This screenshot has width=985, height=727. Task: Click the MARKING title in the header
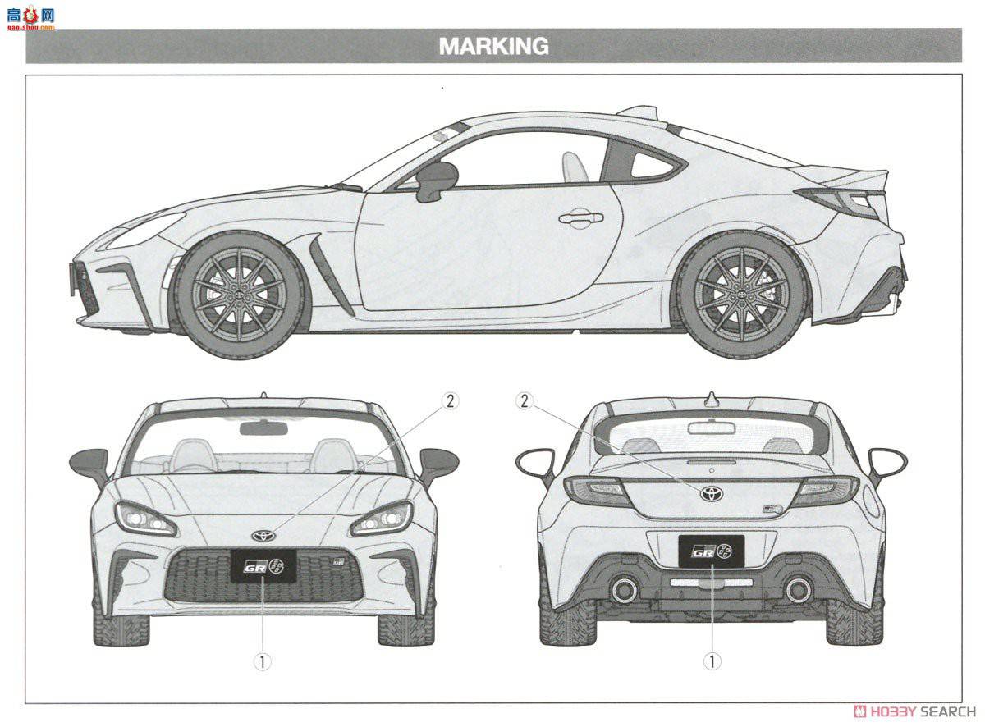pos(493,46)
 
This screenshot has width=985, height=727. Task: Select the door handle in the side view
pos(581,218)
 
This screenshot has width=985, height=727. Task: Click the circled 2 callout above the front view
pos(449,400)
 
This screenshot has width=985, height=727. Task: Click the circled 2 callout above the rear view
pos(525,400)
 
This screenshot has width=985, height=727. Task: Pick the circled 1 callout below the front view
pos(262,661)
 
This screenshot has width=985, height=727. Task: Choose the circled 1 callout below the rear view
pos(712,661)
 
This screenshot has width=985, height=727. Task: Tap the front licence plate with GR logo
pos(263,566)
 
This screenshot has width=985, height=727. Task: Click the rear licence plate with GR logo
pos(711,551)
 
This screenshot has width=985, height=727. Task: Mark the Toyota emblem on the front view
pos(263,535)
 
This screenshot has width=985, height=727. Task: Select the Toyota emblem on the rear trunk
pos(711,493)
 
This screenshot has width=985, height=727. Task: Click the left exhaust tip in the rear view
pos(624,589)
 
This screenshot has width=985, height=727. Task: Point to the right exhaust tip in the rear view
pos(798,589)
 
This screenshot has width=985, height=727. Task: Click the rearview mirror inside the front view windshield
pos(263,428)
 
